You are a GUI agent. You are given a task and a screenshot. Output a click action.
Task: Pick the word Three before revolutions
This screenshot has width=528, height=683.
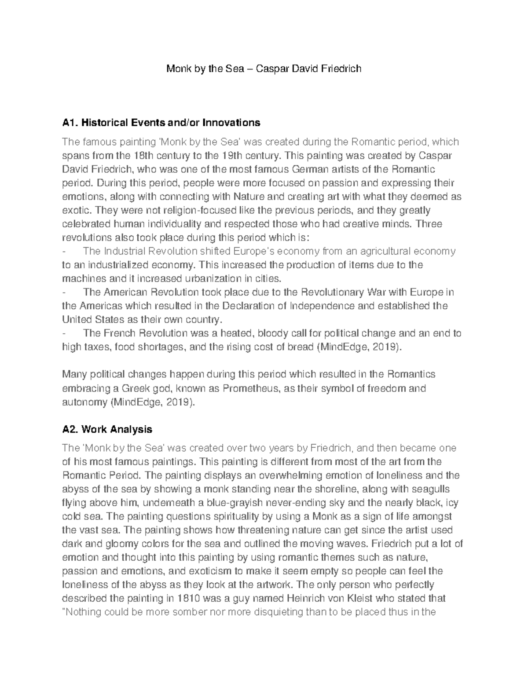(x=429, y=224)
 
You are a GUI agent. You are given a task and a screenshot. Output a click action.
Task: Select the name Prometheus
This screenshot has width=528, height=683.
(x=252, y=388)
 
